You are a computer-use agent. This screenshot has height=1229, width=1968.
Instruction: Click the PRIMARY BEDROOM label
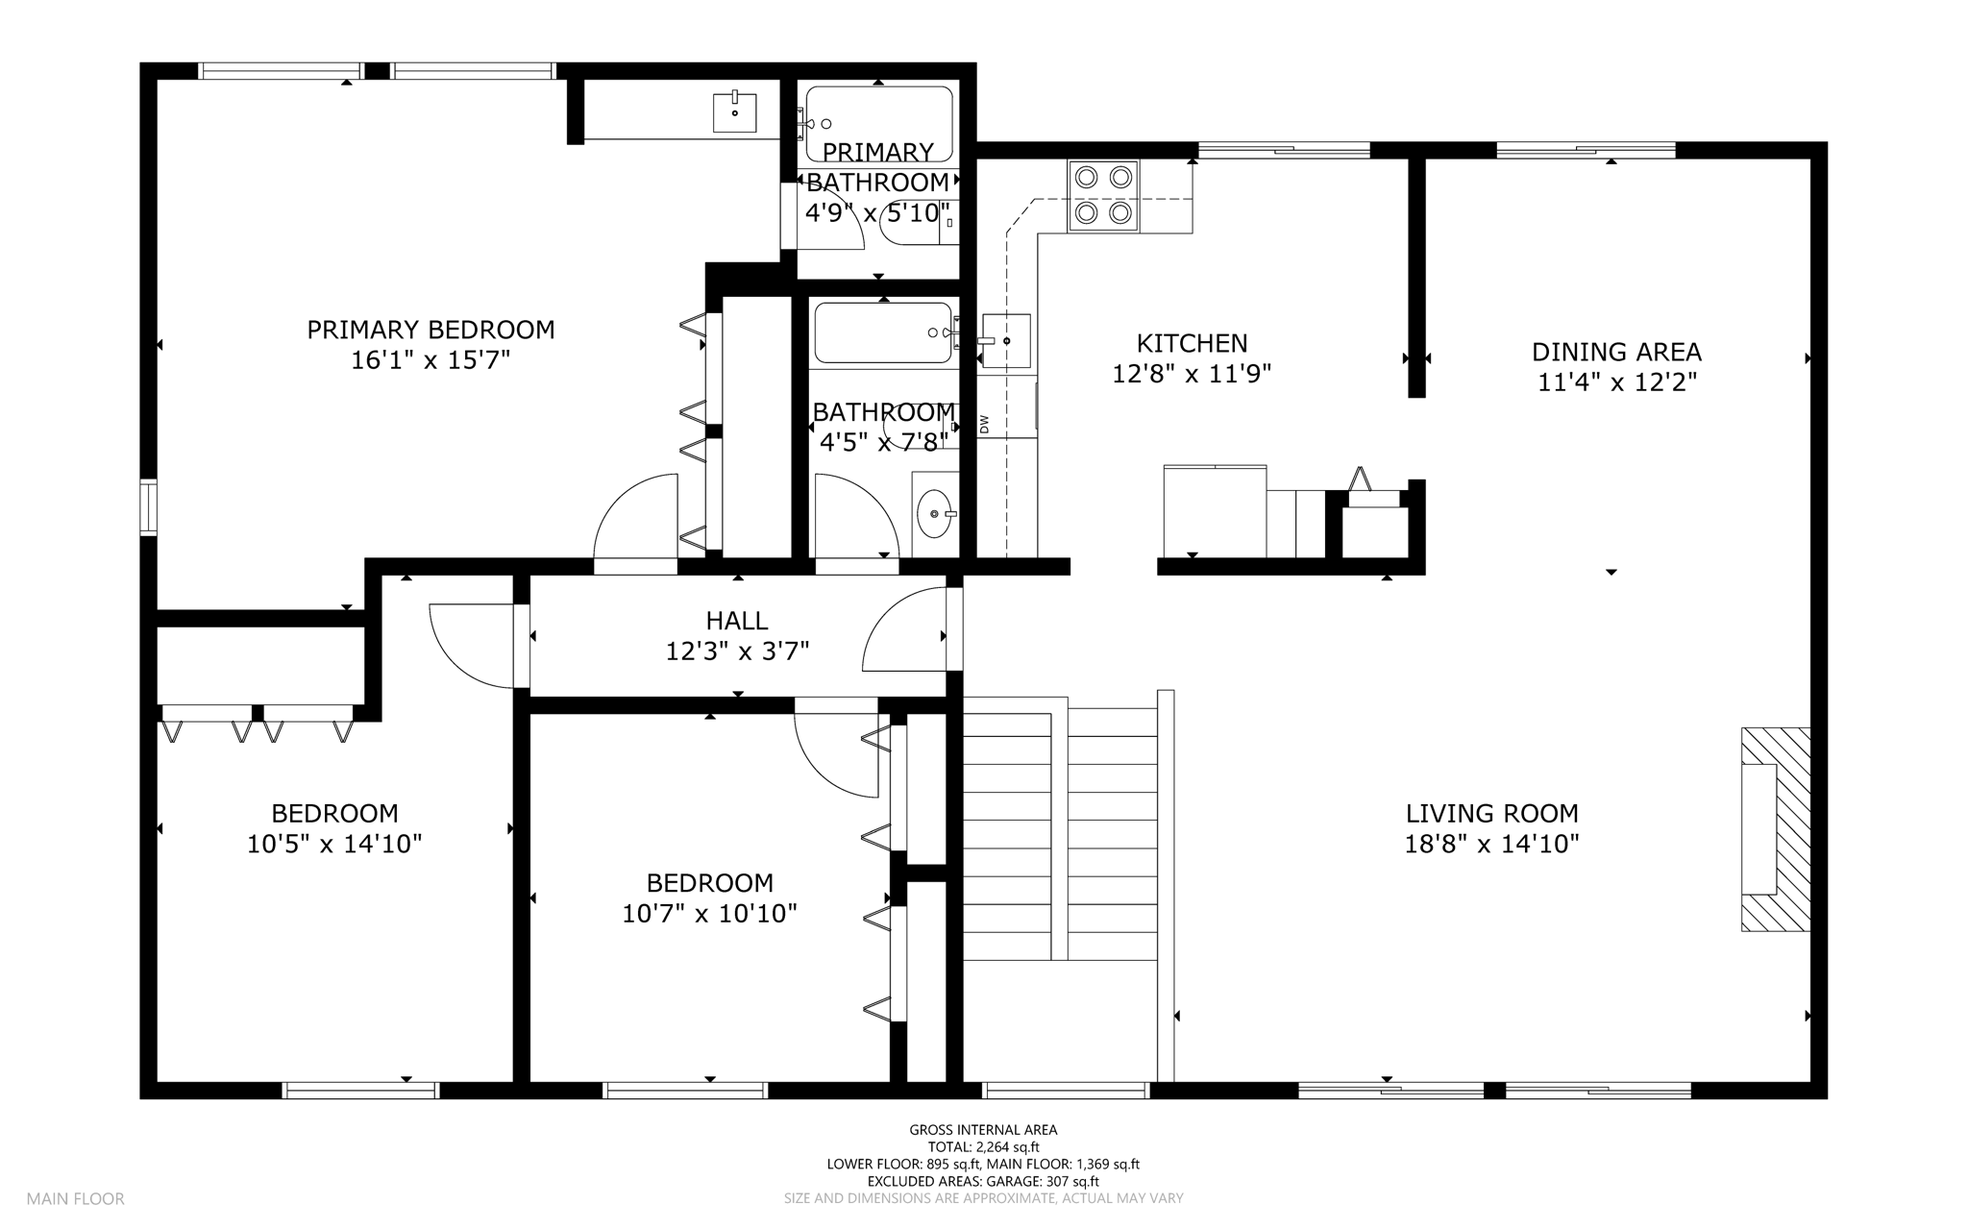[x=430, y=330]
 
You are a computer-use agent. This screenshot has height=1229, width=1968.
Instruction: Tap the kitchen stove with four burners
[x=1103, y=196]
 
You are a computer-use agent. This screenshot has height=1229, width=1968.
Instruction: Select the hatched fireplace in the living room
[x=1776, y=829]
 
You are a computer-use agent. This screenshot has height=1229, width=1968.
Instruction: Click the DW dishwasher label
[x=984, y=424]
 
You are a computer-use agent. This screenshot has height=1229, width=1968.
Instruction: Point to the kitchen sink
[x=1006, y=341]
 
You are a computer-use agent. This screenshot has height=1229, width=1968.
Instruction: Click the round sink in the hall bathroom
[x=935, y=514]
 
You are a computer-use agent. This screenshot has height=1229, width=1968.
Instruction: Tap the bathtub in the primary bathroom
[x=878, y=124]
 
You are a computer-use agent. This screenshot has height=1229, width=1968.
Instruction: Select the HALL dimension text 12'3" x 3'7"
[x=738, y=651]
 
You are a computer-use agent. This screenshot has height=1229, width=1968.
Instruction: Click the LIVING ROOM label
[x=1491, y=813]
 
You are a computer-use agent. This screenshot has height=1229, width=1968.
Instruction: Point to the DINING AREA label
[x=1616, y=352]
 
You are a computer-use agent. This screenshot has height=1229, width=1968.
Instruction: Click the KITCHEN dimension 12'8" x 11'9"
[x=1192, y=374]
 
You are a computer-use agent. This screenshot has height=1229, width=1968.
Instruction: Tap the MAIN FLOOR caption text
[x=76, y=1198]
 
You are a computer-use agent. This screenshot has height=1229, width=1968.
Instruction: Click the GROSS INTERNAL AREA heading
[x=983, y=1130]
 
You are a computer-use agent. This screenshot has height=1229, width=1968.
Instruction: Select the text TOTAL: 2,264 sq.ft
[x=983, y=1146]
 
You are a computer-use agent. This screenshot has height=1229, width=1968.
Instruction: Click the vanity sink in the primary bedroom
[x=735, y=112]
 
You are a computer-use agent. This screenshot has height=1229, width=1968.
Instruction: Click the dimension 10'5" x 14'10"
[x=334, y=844]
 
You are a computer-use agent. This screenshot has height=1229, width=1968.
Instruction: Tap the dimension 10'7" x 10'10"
[x=709, y=913]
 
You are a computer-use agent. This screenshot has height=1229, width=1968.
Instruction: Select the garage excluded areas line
[x=983, y=1181]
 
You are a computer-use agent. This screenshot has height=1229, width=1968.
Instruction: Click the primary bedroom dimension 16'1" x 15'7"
[x=430, y=360]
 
